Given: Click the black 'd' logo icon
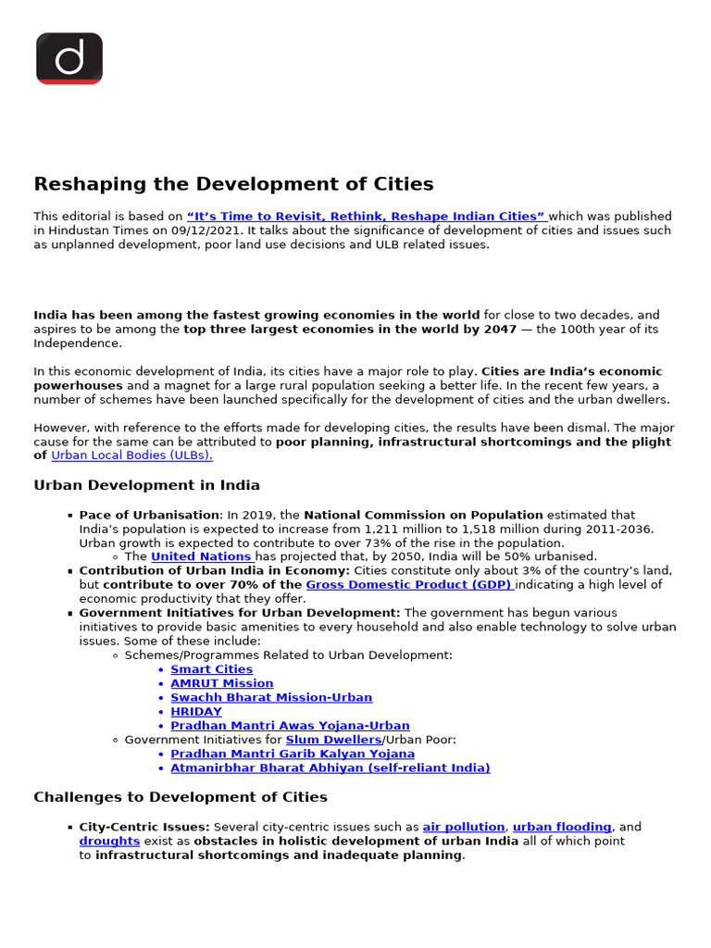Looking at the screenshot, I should pyautogui.click(x=69, y=58).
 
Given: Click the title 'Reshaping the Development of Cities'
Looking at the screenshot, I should pyautogui.click(x=233, y=184).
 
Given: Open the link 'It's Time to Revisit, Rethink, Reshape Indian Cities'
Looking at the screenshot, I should pyautogui.click(x=367, y=217).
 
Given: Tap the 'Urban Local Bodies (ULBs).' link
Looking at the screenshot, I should pyautogui.click(x=131, y=455).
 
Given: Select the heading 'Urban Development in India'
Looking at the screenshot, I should pyautogui.click(x=146, y=485).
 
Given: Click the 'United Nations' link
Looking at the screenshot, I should pyautogui.click(x=202, y=556).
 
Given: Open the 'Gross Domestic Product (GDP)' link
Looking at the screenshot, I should pyautogui.click(x=409, y=585).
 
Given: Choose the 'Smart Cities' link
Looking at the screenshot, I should pyautogui.click(x=211, y=669).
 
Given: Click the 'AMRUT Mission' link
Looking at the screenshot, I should pyautogui.click(x=221, y=683).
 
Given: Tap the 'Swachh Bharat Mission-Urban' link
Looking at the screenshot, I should pyautogui.click(x=271, y=697).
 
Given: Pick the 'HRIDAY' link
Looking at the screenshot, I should pyautogui.click(x=196, y=712).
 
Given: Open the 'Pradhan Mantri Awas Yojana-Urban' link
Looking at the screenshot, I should pyautogui.click(x=290, y=726).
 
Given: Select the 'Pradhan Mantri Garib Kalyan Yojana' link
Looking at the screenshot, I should pyautogui.click(x=293, y=754).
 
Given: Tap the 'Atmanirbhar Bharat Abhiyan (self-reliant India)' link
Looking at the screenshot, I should pyautogui.click(x=331, y=767).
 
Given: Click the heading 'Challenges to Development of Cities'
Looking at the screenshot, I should pyautogui.click(x=181, y=797).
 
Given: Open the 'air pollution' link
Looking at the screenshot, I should pyautogui.click(x=464, y=827).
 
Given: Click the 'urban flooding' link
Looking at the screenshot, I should pyautogui.click(x=562, y=827).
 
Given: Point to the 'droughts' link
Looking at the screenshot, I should pyautogui.click(x=109, y=841).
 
